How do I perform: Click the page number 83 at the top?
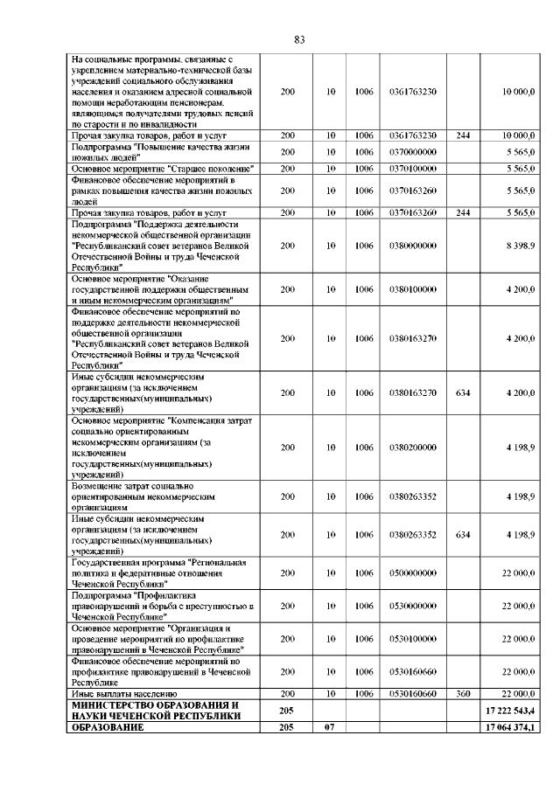[299, 40]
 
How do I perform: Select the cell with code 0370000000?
[412, 151]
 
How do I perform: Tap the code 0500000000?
[412, 572]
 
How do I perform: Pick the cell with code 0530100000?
[412, 639]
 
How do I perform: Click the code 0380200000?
[412, 448]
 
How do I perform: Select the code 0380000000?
[412, 246]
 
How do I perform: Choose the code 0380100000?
[412, 288]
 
